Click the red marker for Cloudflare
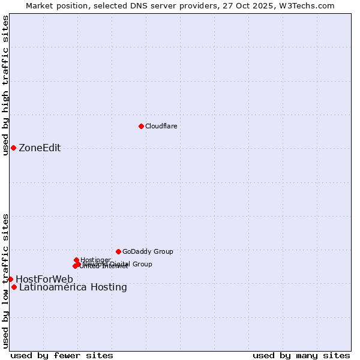point(141,126)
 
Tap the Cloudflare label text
point(161,126)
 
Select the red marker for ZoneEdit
point(13,148)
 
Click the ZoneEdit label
point(40,148)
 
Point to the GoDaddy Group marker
point(118,251)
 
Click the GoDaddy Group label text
point(148,251)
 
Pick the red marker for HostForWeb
point(10,279)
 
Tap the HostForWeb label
point(44,279)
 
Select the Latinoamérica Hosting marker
point(14,287)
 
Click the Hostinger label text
point(95,260)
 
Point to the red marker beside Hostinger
point(76,260)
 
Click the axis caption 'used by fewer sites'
point(62,355)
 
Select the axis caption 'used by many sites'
point(301,355)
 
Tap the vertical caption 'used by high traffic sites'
point(5,85)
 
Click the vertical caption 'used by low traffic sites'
point(5,280)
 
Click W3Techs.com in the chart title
point(307,5)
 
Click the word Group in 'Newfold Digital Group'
point(142,264)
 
